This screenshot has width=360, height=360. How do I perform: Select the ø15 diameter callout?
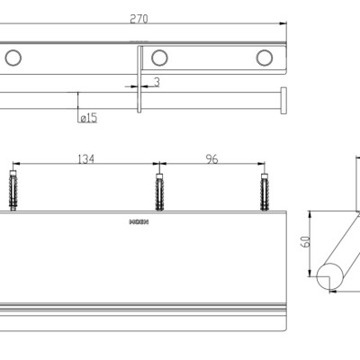(x=87, y=117)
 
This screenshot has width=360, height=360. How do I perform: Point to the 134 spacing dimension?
(x=85, y=158)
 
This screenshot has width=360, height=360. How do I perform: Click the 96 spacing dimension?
(x=211, y=158)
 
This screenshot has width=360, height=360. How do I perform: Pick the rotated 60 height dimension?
(x=304, y=242)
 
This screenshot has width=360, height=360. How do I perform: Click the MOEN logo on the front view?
(x=139, y=220)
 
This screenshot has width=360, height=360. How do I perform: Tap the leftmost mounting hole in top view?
(x=13, y=58)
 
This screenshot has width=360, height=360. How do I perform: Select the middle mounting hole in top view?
(x=159, y=58)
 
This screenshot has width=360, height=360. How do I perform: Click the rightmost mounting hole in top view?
(x=264, y=58)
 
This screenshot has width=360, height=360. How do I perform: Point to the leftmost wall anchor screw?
(x=13, y=190)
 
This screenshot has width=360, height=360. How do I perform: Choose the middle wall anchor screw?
(x=159, y=190)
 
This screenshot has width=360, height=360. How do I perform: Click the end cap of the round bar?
(x=284, y=100)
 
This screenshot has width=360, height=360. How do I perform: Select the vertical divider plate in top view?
(x=139, y=79)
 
